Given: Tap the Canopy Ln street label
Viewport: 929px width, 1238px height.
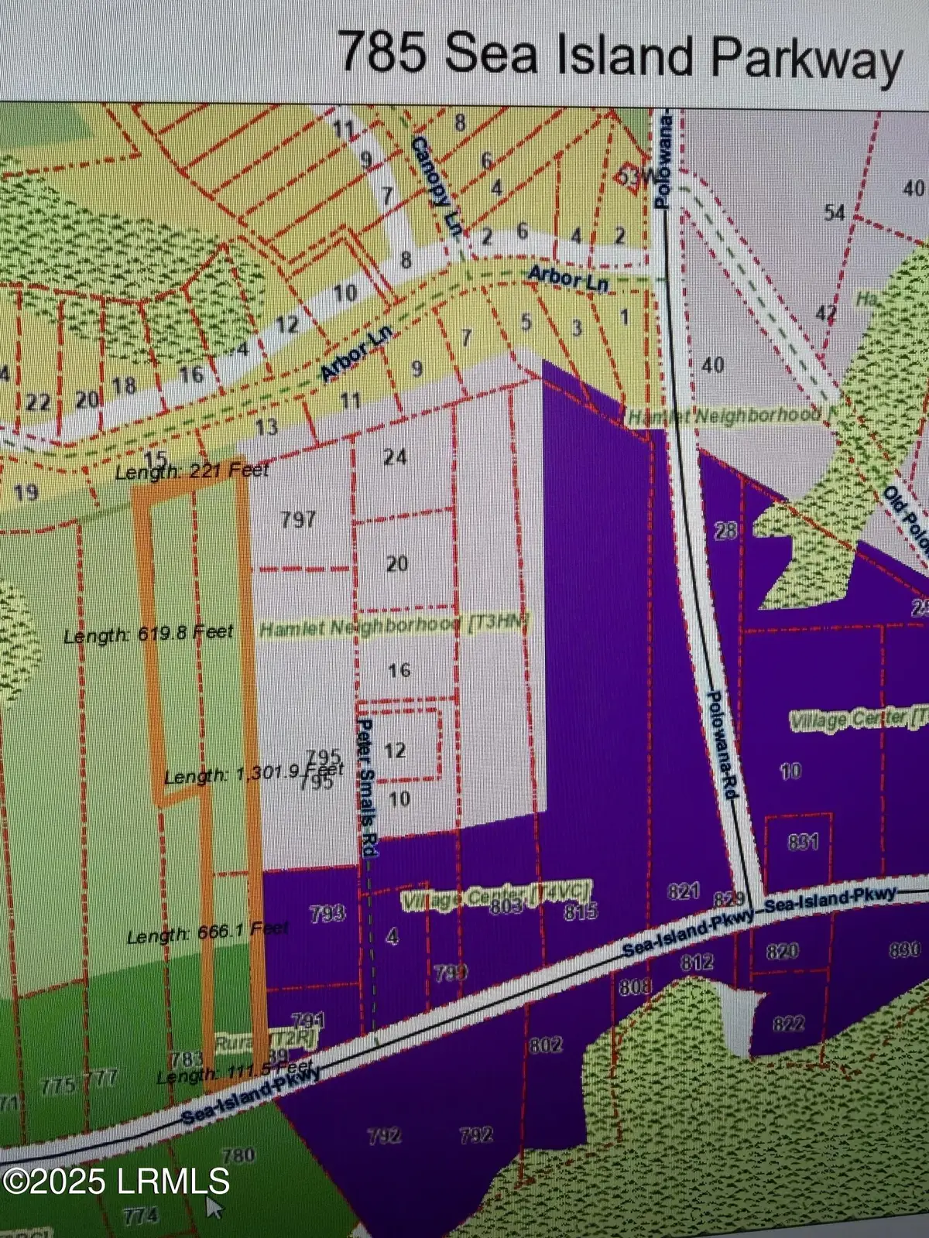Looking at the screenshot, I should (x=434, y=188).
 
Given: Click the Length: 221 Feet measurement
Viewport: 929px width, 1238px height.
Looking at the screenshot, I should (x=192, y=470).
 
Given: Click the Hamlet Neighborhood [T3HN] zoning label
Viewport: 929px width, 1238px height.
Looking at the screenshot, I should (x=395, y=627).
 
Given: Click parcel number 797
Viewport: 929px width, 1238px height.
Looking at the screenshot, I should (x=298, y=518).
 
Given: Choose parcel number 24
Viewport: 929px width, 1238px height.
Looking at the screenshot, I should (x=395, y=457).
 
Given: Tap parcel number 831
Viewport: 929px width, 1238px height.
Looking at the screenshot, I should (x=802, y=840).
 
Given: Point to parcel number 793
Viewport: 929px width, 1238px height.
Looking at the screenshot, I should (x=327, y=914).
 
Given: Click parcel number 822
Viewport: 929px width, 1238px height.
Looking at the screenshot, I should (x=788, y=1024).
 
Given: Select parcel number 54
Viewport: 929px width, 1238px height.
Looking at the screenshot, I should (x=834, y=212).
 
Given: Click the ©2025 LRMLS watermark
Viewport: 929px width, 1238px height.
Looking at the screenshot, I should (x=116, y=1182).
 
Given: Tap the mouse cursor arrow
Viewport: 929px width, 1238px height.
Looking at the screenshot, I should (x=212, y=1207).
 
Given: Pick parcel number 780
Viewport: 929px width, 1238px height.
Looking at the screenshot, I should (x=238, y=1155).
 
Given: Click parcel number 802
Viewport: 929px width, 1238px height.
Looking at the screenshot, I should (x=545, y=1045).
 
